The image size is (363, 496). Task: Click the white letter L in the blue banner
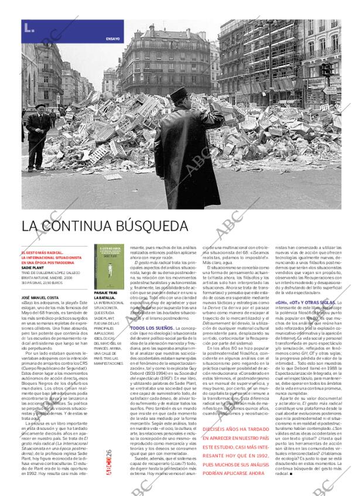point(28,27)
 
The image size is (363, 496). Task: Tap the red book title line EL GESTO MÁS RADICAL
point(42,252)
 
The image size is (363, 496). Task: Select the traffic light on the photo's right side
point(326,71)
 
